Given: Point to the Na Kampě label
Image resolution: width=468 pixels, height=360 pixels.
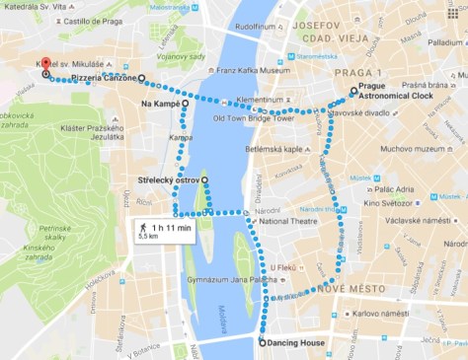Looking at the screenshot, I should click(x=160, y=102).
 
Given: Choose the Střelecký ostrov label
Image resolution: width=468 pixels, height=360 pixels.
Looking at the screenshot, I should click(x=168, y=180).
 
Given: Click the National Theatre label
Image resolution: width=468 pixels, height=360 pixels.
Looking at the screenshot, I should click(x=292, y=223).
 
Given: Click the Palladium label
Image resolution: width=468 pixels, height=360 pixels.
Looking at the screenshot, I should click(x=444, y=43).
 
